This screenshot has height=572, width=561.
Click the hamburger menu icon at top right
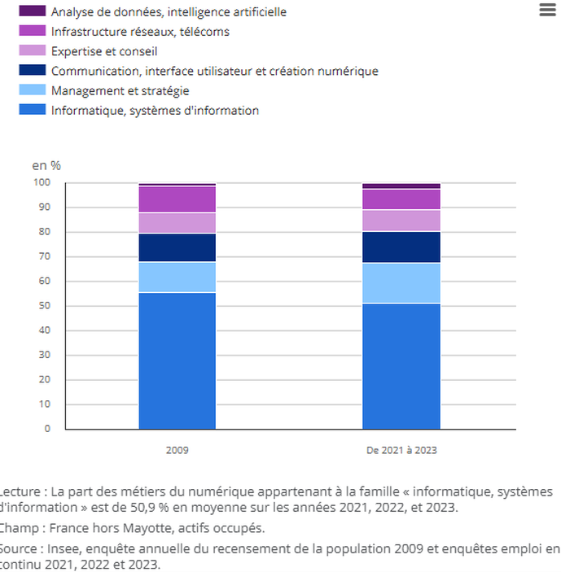(547, 10)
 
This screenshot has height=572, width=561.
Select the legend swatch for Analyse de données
(32, 12)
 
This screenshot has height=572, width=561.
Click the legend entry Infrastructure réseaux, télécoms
(139, 32)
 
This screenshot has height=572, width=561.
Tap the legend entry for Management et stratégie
(119, 90)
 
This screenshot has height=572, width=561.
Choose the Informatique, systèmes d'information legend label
(154, 110)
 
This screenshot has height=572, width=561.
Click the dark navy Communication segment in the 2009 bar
(178, 247)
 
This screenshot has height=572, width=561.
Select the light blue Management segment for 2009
(178, 277)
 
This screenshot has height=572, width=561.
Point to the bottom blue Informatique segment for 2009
(178, 360)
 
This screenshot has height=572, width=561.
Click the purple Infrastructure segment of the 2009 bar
(178, 199)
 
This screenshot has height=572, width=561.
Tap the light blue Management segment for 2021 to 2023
(401, 282)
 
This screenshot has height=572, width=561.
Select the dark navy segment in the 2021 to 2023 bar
(401, 247)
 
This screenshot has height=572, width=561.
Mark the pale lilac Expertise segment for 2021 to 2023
(401, 221)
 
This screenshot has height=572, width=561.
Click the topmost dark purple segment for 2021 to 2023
(401, 186)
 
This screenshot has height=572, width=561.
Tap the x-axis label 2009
(177, 449)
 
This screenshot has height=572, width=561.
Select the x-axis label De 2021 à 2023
(401, 449)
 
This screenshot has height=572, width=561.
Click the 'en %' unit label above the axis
(46, 165)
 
